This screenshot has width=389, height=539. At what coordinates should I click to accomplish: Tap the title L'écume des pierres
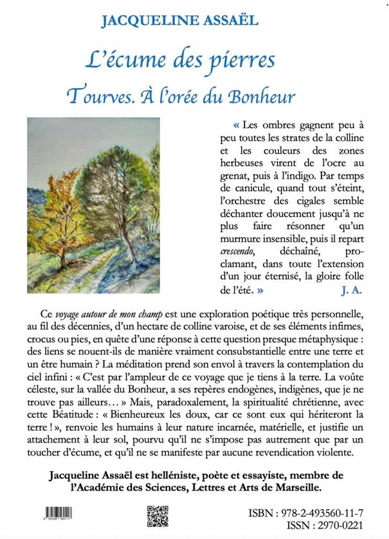coord(181,60)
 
